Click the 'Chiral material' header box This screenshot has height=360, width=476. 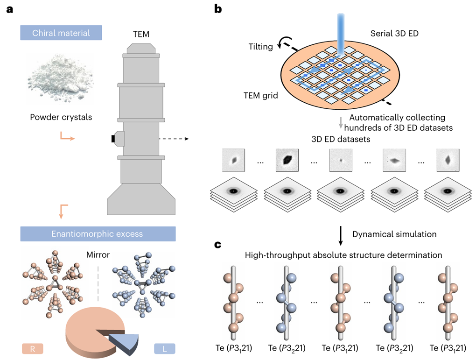click(61, 33)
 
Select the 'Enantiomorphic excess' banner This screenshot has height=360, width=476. click(98, 234)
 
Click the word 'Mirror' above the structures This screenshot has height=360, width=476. click(98, 256)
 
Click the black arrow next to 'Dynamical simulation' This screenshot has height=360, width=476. click(341, 233)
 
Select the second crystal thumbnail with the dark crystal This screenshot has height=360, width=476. click(286, 160)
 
